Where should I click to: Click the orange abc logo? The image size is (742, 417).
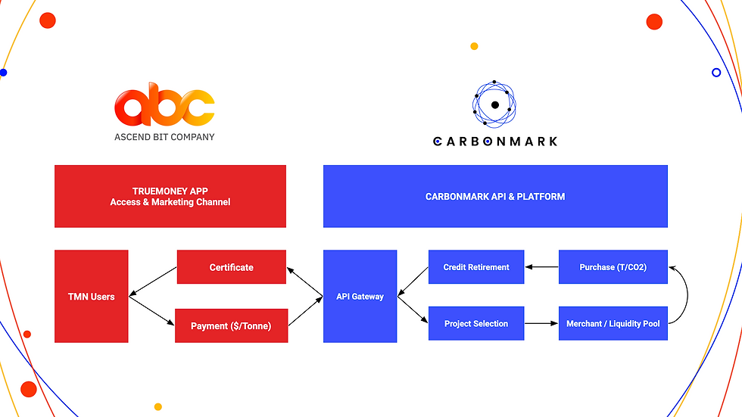click(164, 107)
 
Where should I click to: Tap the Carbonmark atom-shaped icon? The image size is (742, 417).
click(494, 104)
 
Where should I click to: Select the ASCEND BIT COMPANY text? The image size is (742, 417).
click(164, 137)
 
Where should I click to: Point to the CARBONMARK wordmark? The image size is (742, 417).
click(494, 141)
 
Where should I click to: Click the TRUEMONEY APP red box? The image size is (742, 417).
click(170, 196)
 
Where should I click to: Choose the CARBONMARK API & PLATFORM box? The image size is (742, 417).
click(495, 196)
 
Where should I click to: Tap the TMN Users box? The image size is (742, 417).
click(92, 297)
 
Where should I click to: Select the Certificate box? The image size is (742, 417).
click(232, 267)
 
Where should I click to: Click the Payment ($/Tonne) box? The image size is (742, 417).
click(232, 325)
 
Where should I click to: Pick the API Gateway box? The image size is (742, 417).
click(360, 297)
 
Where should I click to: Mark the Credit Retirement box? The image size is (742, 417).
click(476, 267)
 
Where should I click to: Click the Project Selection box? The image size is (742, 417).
click(476, 324)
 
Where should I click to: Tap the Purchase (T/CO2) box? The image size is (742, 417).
click(613, 267)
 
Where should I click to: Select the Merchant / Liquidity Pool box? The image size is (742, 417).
click(613, 324)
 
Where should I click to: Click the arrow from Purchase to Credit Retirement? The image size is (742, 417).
click(541, 267)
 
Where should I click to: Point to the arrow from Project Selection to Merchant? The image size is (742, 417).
click(541, 324)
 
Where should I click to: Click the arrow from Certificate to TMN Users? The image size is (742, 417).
click(153, 282)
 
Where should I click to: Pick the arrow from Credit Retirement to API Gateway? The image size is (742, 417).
click(413, 281)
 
